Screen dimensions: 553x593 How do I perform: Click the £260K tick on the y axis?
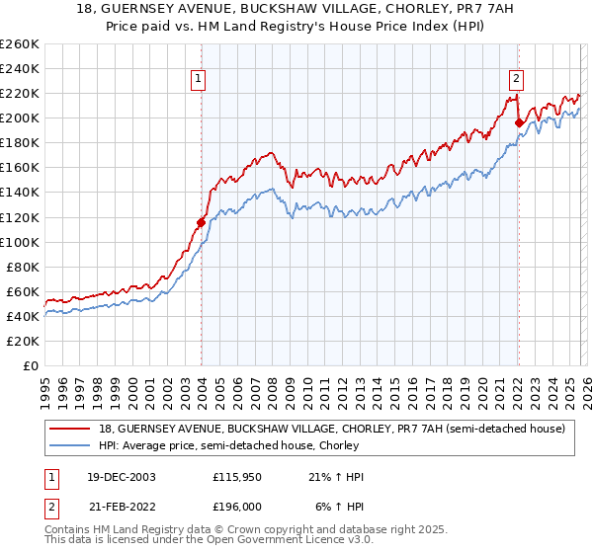[20, 44]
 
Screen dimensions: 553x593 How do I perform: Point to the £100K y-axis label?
[20, 242]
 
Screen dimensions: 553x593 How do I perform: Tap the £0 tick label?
[30, 365]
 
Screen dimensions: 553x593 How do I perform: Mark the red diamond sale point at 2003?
[201, 222]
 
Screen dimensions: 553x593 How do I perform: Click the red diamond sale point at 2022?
[519, 123]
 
